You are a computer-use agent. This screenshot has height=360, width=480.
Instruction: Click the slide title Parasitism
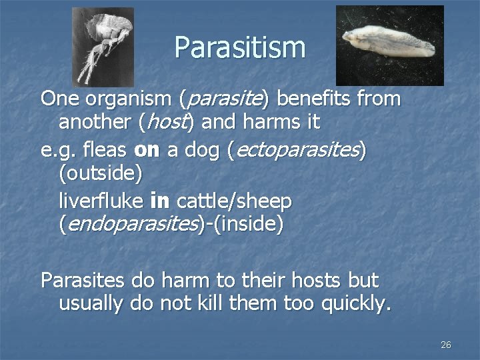tap(240, 48)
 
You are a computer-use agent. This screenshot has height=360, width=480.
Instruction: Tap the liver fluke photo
tap(389, 45)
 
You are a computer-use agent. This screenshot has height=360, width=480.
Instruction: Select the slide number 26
tap(446, 345)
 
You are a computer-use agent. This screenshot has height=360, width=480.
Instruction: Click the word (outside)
tap(101, 174)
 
